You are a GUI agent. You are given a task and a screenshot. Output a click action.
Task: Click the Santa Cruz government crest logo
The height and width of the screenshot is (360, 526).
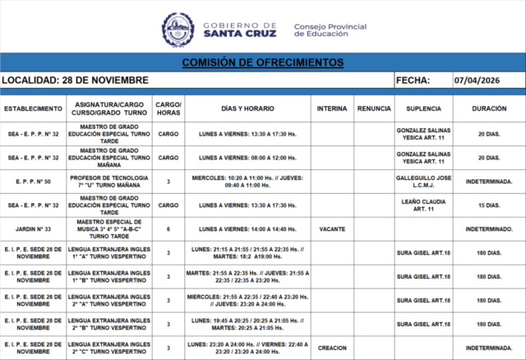[x=178, y=29]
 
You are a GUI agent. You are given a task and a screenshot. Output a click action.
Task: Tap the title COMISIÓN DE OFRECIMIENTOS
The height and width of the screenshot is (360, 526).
[x=263, y=62]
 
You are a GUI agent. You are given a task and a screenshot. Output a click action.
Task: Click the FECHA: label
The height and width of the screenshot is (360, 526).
[x=413, y=81]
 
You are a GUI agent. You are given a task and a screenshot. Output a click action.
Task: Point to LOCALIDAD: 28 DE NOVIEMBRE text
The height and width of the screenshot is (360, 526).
[x=76, y=81]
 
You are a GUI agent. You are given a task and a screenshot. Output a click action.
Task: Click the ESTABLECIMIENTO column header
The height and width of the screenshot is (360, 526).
[x=33, y=109]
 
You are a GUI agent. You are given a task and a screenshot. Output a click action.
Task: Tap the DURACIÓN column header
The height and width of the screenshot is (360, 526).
[x=489, y=109]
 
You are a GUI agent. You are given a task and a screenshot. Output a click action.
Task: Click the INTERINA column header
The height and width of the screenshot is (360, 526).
[x=332, y=109]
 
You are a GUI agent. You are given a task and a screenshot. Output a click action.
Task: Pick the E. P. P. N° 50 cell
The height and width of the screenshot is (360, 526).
[x=33, y=181]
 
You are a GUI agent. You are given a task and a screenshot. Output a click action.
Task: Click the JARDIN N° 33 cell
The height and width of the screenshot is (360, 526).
[x=33, y=228]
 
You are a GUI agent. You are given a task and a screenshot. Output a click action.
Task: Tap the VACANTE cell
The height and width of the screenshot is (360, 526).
[x=332, y=228]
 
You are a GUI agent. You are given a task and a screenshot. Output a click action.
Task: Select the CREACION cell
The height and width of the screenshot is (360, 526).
[x=332, y=348]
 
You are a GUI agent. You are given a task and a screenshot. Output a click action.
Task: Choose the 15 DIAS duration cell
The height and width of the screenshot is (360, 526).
[x=489, y=205]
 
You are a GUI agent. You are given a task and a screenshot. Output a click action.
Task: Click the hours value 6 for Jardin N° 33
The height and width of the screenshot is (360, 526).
[x=168, y=228]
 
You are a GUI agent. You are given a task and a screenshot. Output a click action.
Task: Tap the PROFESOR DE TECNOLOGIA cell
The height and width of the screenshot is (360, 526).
[x=109, y=181]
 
